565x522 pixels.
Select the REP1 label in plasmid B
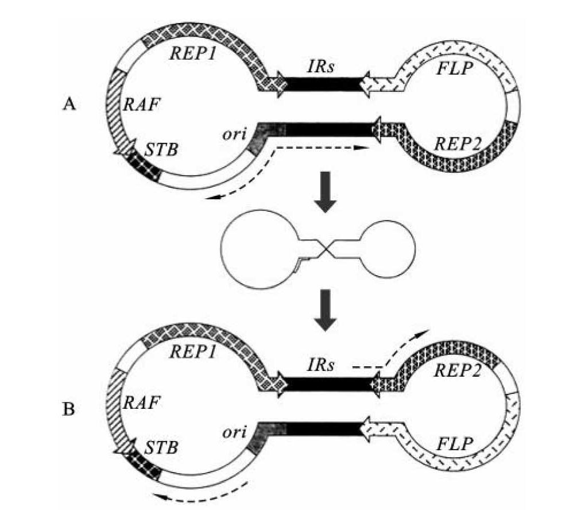click(194, 362)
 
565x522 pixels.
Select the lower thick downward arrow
click(325, 310)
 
